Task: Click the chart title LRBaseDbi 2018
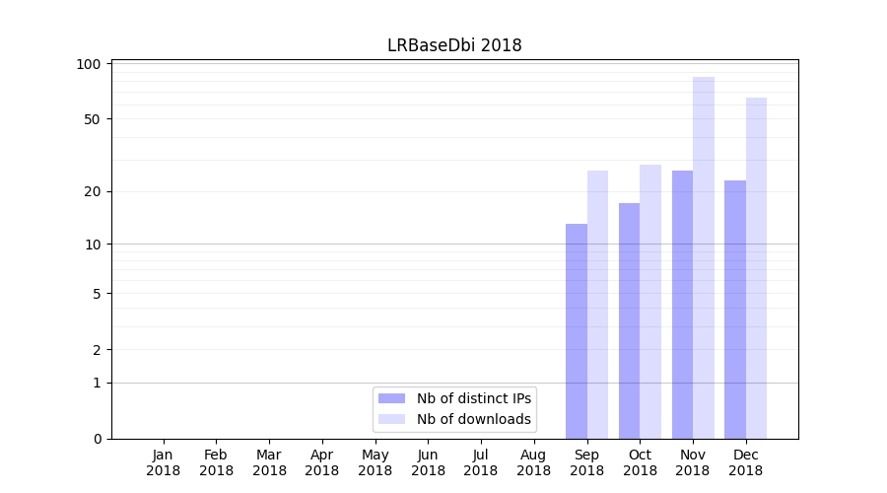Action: pyautogui.click(x=454, y=45)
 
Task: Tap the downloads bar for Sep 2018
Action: pyautogui.click(x=597, y=305)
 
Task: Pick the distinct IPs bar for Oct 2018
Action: pyautogui.click(x=629, y=320)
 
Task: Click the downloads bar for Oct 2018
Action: pyautogui.click(x=650, y=302)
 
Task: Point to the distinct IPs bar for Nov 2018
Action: pyautogui.click(x=682, y=305)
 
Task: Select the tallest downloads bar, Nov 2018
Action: pyautogui.click(x=704, y=257)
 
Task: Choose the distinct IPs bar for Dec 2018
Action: pyautogui.click(x=735, y=310)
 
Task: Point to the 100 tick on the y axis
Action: pyautogui.click(x=90, y=64)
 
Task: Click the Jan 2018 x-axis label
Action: pyautogui.click(x=164, y=462)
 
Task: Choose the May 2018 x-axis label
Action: pyautogui.click(x=375, y=462)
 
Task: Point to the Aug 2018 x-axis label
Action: pyautogui.click(x=534, y=462)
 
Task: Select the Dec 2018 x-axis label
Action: pyautogui.click(x=746, y=462)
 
